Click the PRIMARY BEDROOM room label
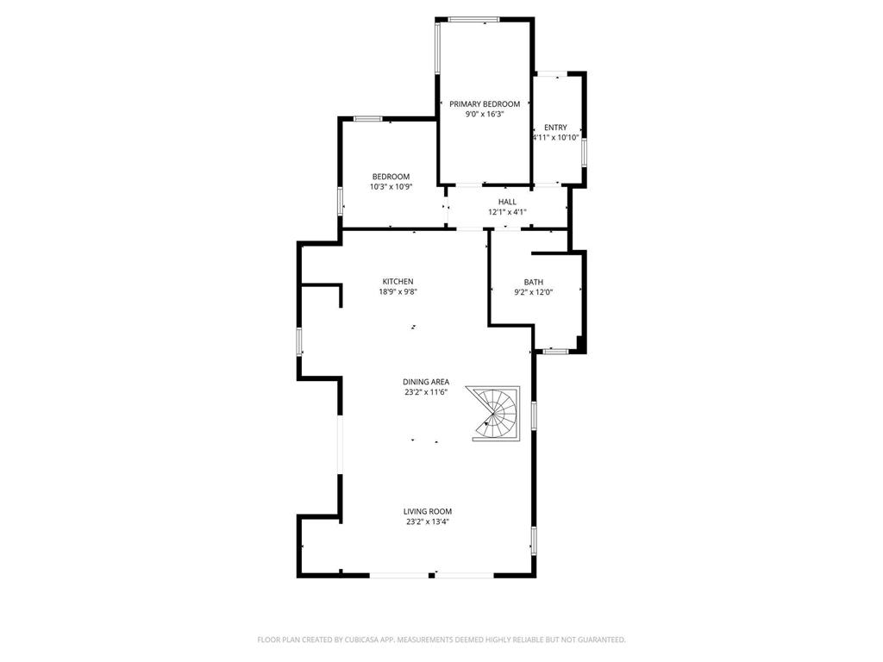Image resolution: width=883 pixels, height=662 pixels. pos(485,104)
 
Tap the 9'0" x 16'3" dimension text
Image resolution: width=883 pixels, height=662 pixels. pos(485,115)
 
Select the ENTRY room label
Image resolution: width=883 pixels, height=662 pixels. pos(555,128)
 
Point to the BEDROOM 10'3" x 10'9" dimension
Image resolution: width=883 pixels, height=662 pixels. pos(391,187)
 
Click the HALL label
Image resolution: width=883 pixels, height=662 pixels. pos(507,202)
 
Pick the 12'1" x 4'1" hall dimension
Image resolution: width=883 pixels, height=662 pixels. pos(507,212)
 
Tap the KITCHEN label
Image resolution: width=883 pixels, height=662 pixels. pos(398,282)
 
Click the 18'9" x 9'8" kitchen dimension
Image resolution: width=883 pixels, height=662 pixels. pos(398,291)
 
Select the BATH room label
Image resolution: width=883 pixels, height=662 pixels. pos(533,282)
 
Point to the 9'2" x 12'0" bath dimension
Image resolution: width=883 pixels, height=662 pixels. pos(533,292)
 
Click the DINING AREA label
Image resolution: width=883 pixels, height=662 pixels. pos(426,382)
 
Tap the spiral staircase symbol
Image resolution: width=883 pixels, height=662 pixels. pos(496,413)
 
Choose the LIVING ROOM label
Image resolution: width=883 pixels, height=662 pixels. pos(428,512)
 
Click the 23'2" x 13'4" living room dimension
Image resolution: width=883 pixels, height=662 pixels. pos(428,521)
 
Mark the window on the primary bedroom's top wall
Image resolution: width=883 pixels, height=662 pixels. pos(473,20)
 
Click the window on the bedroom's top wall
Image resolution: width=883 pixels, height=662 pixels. pos(367,119)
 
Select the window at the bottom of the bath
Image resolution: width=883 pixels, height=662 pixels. pos(556,352)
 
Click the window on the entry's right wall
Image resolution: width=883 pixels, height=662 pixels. pos(584,153)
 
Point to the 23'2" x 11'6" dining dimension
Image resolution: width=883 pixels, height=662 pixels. pos(426,392)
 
